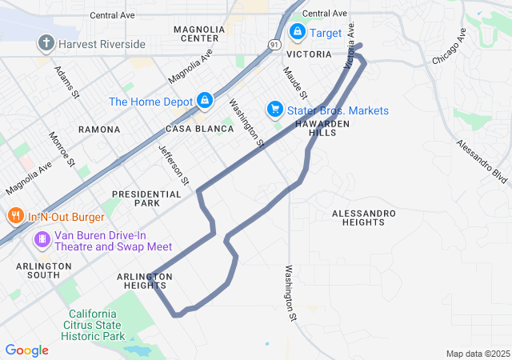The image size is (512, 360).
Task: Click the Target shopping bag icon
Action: [x=297, y=33]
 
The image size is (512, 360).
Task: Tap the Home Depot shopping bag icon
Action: [x=205, y=101]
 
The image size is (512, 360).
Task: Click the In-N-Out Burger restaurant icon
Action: [x=15, y=216]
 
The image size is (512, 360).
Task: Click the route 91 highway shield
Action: [x=275, y=45]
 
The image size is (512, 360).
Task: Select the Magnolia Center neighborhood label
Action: [x=196, y=34]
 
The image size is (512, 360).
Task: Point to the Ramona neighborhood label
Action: [x=99, y=129]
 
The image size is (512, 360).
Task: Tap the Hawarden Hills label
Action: [x=322, y=129]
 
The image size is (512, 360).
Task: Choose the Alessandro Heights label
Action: [x=364, y=218]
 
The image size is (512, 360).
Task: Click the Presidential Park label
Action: [x=147, y=198]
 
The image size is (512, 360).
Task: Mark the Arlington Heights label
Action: [x=144, y=281]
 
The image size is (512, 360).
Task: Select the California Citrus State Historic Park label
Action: [x=96, y=325]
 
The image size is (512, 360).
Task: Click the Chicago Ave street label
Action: [x=448, y=48]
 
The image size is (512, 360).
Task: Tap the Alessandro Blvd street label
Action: [x=482, y=161]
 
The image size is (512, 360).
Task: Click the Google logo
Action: [x=26, y=350]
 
